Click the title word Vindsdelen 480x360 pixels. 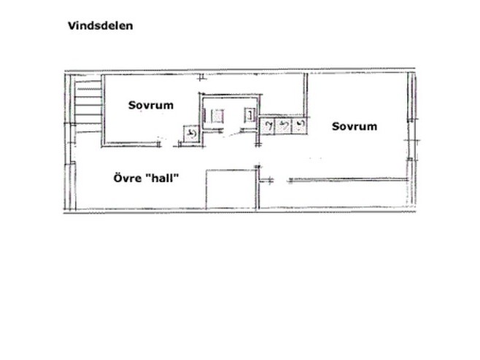(x=101, y=26)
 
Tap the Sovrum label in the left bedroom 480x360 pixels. (x=151, y=105)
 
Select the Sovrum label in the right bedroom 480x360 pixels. (x=355, y=126)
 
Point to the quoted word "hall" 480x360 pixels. (x=162, y=178)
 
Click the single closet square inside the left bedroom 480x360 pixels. (x=192, y=133)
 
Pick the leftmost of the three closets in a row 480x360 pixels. (x=267, y=126)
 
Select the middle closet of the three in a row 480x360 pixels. (x=283, y=126)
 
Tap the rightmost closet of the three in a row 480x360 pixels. (x=299, y=126)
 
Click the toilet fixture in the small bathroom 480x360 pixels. (x=217, y=116)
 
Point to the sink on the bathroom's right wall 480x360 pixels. (x=249, y=115)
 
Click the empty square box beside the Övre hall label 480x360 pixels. (x=231, y=189)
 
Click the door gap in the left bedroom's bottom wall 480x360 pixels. (x=168, y=145)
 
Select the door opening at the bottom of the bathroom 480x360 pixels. (x=232, y=132)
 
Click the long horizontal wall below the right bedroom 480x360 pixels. (x=348, y=180)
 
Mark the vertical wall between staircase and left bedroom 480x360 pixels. (x=103, y=111)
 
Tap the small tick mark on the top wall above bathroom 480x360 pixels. (x=201, y=77)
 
